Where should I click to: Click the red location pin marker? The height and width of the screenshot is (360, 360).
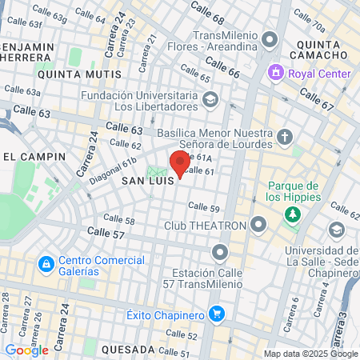click(180, 162)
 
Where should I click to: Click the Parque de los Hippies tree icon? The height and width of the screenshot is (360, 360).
click(293, 214)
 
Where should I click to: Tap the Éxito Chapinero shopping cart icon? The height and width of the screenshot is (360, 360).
click(214, 314)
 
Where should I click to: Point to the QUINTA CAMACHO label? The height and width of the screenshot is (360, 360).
click(322, 54)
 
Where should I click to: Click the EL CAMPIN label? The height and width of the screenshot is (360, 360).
click(29, 155)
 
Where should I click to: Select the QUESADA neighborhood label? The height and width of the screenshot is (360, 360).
click(129, 350)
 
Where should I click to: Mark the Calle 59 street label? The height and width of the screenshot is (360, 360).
click(203, 208)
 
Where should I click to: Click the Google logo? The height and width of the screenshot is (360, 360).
click(26, 350)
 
